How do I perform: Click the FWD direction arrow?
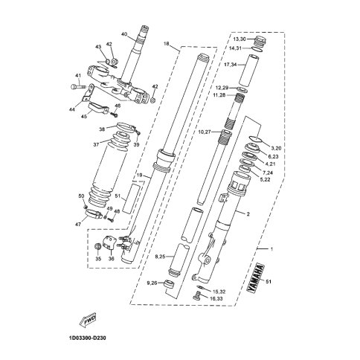[87, 321]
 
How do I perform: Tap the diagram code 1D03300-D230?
[87, 338]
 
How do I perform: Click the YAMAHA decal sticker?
[255, 278]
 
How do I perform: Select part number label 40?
[125, 33]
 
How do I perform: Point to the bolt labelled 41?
[77, 87]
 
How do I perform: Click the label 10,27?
[205, 132]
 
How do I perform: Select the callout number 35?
[98, 259]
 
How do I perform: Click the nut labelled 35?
[98, 246]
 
